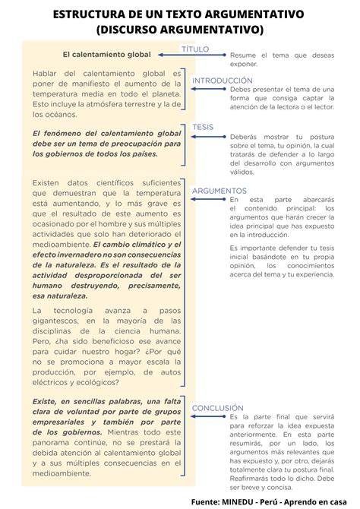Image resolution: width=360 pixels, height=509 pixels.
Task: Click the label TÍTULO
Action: point(195,48)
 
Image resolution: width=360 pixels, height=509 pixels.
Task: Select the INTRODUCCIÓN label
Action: point(222,81)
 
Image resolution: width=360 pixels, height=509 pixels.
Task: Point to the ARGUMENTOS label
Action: point(219,191)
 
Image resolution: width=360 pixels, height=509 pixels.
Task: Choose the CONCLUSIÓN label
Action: point(217,408)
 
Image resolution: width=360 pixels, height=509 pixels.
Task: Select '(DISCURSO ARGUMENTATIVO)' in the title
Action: point(180,30)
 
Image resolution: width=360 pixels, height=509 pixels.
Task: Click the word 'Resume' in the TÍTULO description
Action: point(242,55)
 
